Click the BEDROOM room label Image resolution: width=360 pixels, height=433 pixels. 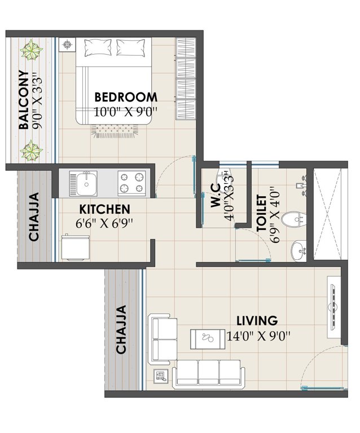pos(125,96)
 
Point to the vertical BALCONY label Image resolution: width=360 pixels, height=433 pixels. pos(24,100)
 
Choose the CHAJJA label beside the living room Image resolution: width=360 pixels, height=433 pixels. pos(121,330)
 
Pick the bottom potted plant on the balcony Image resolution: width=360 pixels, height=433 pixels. pos(31,150)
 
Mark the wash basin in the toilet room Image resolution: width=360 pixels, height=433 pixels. pos(298,248)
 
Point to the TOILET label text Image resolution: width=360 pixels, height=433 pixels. pos(261,214)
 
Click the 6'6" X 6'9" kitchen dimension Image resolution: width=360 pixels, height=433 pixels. pos(104,222)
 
